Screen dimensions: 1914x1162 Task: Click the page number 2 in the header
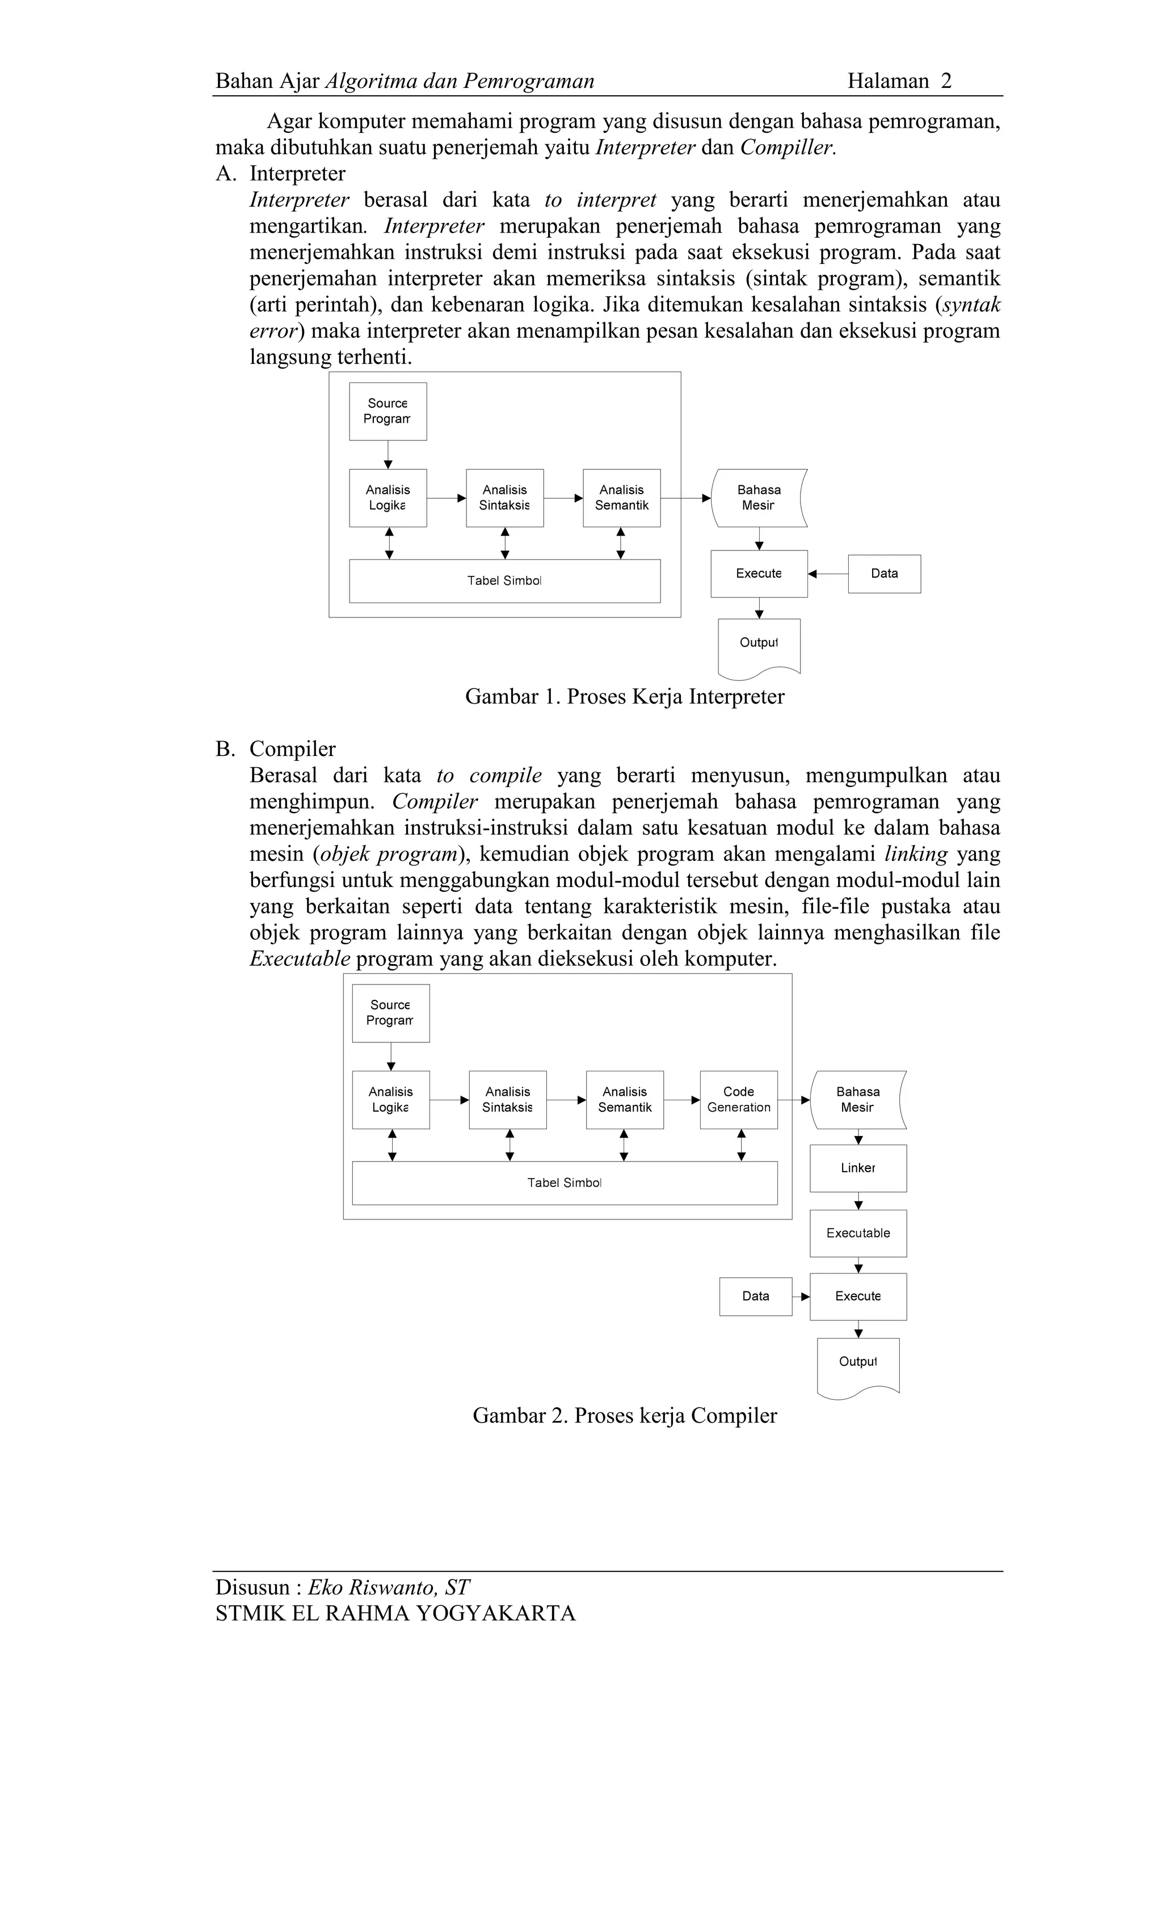pyautogui.click(x=945, y=81)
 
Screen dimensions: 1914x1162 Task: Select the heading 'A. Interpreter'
pyautogui.click(x=280, y=173)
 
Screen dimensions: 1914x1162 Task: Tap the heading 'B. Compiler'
pyautogui.click(x=276, y=749)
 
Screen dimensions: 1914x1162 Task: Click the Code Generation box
pyautogui.click(x=739, y=1100)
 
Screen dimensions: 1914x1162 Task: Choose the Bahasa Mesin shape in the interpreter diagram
pyautogui.click(x=759, y=498)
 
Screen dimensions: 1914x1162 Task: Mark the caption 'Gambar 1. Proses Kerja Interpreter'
pyautogui.click(x=625, y=697)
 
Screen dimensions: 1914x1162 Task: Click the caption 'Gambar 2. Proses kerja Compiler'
pyautogui.click(x=625, y=1415)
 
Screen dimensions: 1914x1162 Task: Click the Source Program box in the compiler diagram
pyautogui.click(x=391, y=1013)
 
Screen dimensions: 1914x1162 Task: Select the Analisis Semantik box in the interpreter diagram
pyautogui.click(x=621, y=498)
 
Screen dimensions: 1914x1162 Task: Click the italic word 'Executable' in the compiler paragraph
pyautogui.click(x=300, y=958)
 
